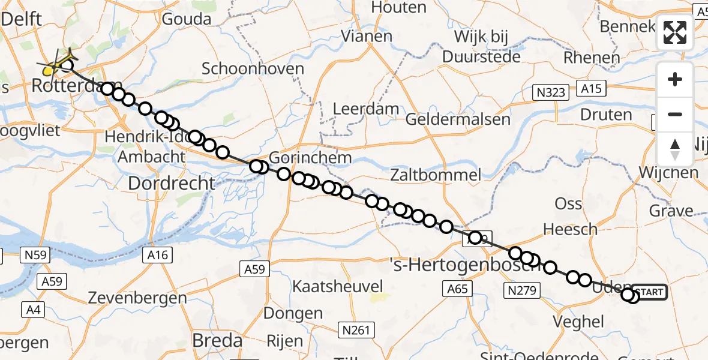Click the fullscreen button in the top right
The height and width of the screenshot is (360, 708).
point(675,32)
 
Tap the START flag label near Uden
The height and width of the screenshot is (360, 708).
point(649,293)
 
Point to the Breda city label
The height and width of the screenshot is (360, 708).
point(217,341)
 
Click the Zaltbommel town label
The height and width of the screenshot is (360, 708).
point(436,175)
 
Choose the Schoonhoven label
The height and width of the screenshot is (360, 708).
point(253,68)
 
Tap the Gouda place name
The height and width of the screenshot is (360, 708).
point(187,19)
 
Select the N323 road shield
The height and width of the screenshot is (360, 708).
point(550,92)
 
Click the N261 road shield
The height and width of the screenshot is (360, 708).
point(356,329)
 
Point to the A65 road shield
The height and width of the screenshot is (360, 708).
point(457,289)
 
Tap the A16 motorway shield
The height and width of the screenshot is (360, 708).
point(159,255)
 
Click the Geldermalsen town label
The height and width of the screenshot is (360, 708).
point(458,119)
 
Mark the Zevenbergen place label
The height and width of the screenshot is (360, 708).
point(137,298)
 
